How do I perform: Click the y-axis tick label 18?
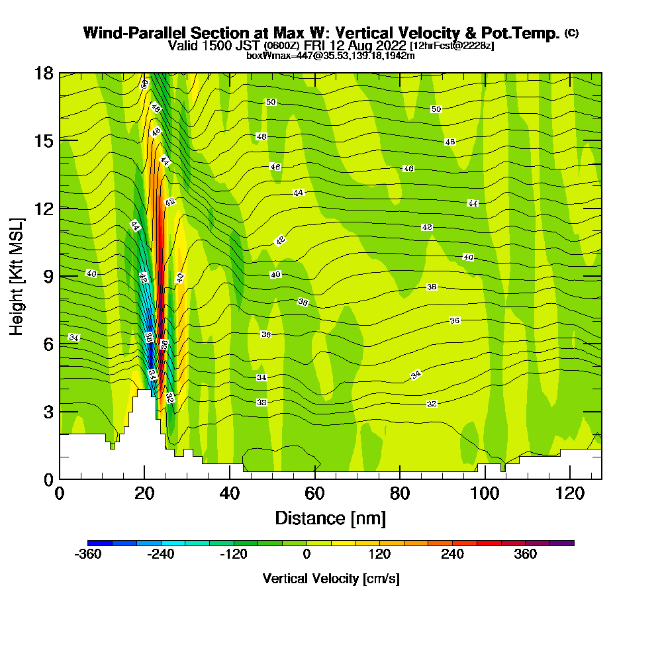[44, 73]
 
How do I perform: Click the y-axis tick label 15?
[44, 140]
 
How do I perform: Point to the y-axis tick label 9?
[48, 276]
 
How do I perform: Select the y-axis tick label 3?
[48, 412]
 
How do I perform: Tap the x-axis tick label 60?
[314, 493]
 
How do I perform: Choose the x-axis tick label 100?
[485, 493]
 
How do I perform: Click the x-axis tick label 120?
[569, 493]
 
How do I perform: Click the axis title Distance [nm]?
[330, 518]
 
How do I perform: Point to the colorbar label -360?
[89, 555]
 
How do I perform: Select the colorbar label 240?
[453, 555]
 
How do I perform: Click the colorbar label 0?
[307, 555]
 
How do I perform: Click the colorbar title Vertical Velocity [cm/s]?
[330, 579]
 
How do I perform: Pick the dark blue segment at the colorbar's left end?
[100, 543]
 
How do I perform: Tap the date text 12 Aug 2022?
[373, 46]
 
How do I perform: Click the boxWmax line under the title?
[330, 56]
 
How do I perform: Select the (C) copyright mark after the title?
[571, 32]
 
